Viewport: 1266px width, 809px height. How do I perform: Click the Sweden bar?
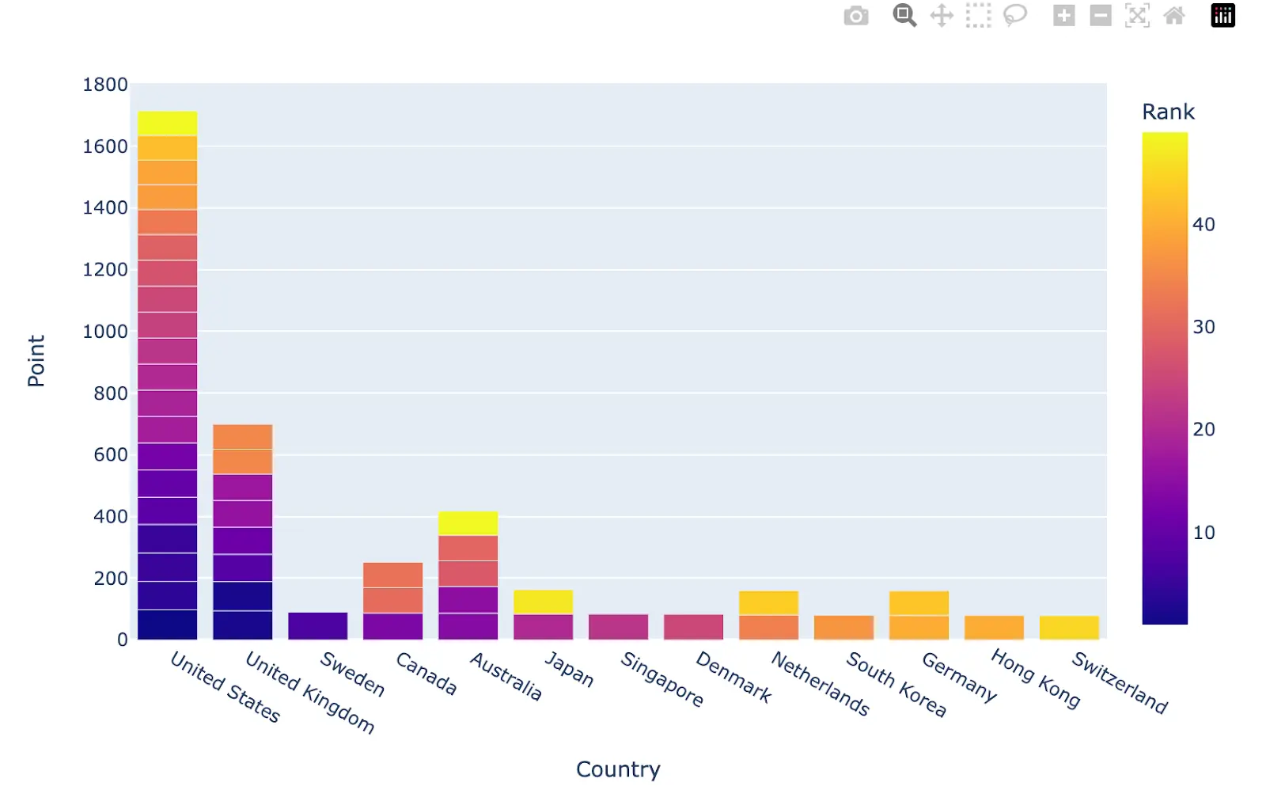coord(317,625)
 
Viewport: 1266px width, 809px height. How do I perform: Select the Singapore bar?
coord(618,626)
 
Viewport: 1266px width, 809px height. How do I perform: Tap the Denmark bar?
coord(693,626)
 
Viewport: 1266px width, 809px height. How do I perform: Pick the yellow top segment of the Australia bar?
coord(468,522)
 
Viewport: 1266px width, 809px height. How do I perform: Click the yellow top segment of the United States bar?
coord(167,123)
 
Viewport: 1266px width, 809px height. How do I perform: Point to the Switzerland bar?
coord(1069,627)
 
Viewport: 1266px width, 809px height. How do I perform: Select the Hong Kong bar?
coord(994,627)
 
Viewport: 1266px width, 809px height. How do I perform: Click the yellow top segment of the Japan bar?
coord(543,602)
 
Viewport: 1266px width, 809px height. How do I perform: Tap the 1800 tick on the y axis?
coord(104,85)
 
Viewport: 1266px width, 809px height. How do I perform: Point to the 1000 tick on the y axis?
coord(104,332)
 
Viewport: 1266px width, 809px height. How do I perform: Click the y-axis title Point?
coord(36,361)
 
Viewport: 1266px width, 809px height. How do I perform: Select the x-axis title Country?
coord(618,769)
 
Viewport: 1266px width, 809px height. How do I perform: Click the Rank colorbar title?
coord(1168,112)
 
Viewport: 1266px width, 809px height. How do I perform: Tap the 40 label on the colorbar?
coord(1203,225)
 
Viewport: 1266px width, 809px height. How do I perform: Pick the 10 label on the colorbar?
coord(1203,533)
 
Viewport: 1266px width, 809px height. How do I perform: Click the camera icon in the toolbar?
coord(856,16)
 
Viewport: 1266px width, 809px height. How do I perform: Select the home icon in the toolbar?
coord(1174,16)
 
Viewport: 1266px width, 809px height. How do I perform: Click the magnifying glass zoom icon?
coord(904,16)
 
